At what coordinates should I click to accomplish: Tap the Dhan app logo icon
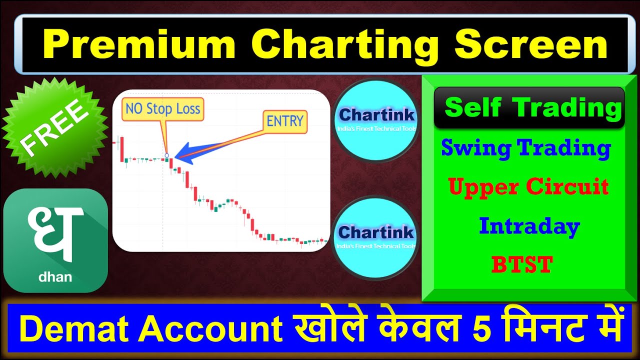tap(55, 240)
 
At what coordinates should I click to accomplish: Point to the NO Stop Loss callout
tap(162, 109)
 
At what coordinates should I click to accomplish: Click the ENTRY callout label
tap(284, 121)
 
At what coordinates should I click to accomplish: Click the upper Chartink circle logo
tap(376, 120)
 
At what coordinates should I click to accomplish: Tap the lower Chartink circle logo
tap(376, 237)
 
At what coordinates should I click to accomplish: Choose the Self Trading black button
tap(529, 107)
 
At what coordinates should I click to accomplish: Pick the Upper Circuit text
tap(528, 187)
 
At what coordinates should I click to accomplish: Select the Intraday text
tap(529, 226)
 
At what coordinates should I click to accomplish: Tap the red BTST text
tap(521, 264)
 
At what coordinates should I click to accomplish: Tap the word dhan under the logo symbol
tap(55, 276)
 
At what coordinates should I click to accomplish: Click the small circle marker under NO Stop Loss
tap(166, 155)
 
